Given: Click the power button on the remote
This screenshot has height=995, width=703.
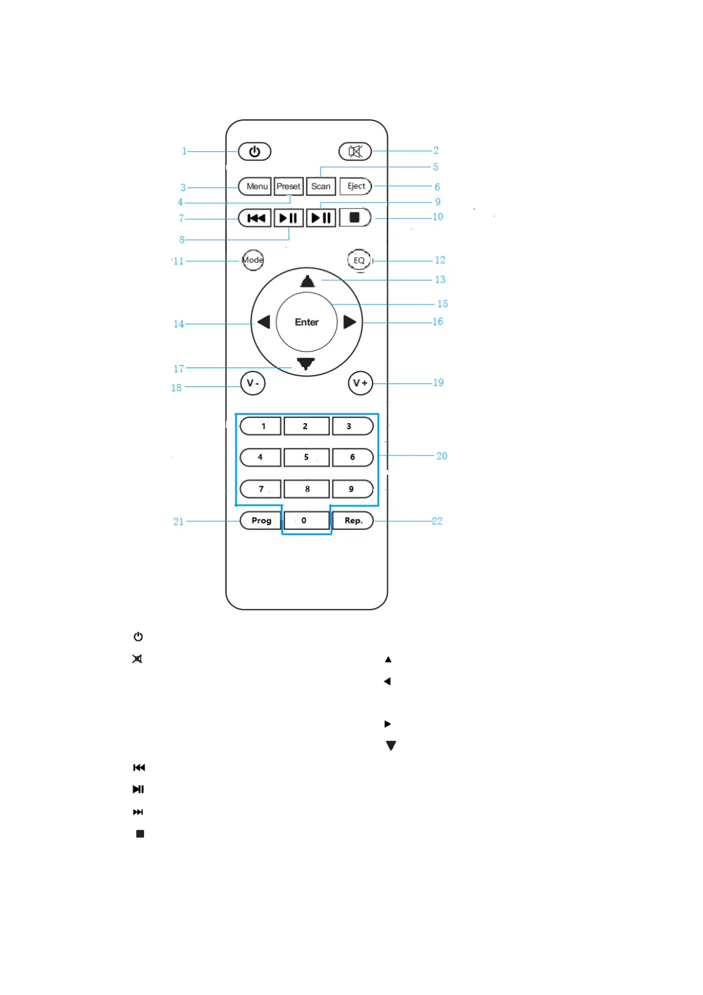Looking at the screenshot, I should [x=254, y=151].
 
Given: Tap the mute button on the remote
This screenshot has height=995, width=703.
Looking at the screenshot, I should [x=355, y=151].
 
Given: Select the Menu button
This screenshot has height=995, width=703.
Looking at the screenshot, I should [x=255, y=186].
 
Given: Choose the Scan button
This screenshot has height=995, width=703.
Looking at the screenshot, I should [x=321, y=186].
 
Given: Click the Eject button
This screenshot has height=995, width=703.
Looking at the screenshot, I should [x=355, y=186].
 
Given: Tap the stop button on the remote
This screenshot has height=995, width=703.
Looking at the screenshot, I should [x=355, y=217].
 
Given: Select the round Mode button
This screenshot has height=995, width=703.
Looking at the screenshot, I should [x=253, y=260].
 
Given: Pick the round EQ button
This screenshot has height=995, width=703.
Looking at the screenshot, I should [x=359, y=260].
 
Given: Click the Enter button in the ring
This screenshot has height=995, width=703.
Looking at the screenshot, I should [x=306, y=322].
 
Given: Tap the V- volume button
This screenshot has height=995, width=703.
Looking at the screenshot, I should [x=253, y=383].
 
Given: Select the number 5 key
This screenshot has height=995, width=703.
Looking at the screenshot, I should [x=306, y=457].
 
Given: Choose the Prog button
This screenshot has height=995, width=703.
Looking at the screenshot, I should [x=261, y=521].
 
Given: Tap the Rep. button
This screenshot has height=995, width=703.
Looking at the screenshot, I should [x=353, y=521].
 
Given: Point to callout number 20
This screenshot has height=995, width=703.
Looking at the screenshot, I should [x=442, y=456].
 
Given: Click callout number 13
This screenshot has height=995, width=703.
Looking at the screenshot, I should [x=440, y=279].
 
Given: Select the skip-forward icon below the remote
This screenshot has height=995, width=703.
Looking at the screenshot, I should [x=138, y=812].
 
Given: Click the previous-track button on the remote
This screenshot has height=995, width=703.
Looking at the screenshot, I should [x=255, y=218].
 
